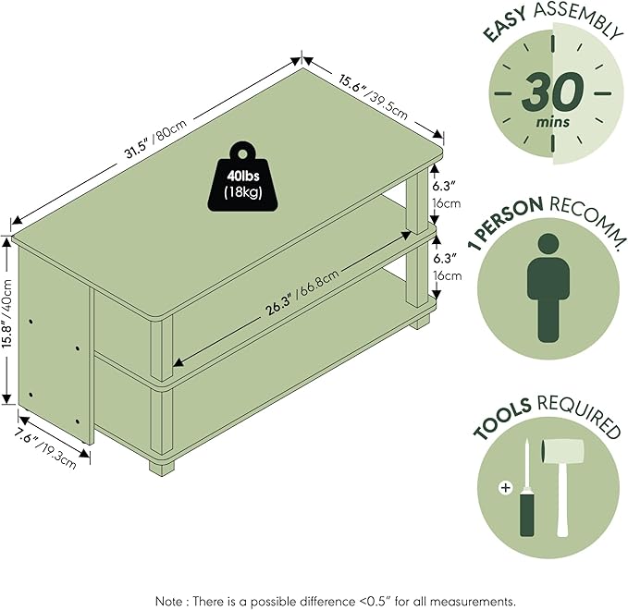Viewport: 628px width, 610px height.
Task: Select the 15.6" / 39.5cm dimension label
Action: (x=374, y=96)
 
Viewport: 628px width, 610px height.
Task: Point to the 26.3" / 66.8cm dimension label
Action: (x=302, y=292)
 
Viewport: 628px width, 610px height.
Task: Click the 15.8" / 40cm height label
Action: (x=9, y=319)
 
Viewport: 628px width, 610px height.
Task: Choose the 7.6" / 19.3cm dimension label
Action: (x=44, y=447)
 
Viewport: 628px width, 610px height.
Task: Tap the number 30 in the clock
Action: (x=552, y=92)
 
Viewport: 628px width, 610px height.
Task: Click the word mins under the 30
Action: (x=553, y=121)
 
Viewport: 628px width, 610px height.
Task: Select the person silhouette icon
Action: (x=548, y=287)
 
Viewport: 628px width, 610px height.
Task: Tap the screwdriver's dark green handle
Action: (x=526, y=515)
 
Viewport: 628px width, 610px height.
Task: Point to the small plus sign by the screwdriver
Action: (x=506, y=487)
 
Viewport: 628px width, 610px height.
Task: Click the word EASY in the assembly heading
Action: (x=505, y=25)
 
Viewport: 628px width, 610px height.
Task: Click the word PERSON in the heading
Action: (x=508, y=221)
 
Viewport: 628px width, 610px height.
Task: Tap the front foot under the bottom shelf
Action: (x=162, y=467)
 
